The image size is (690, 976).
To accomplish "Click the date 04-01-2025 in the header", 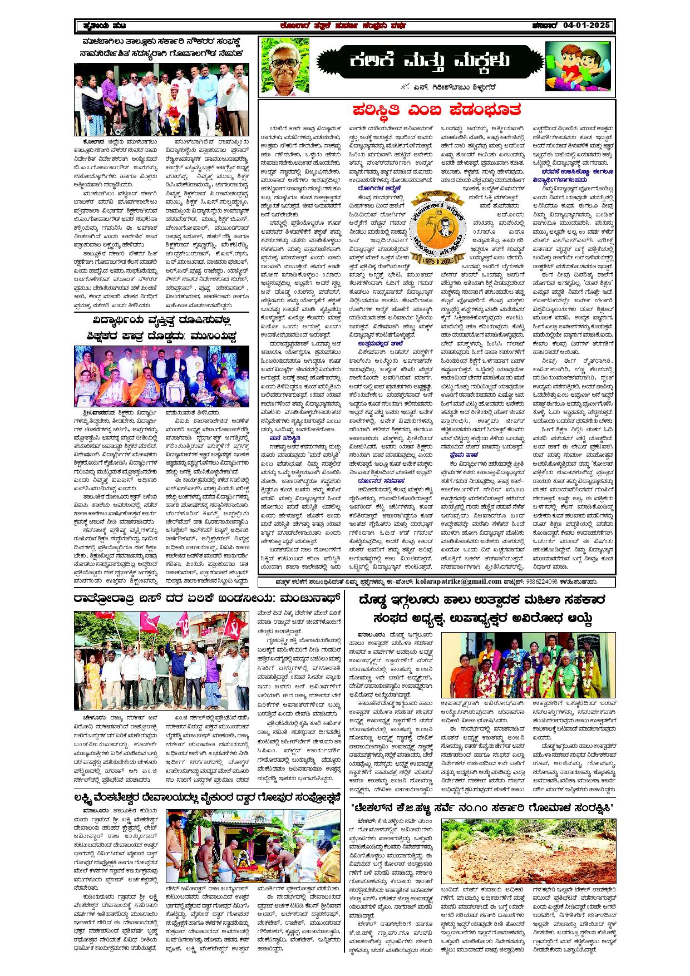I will click(586, 26).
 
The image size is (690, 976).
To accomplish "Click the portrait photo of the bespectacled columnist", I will click(285, 65).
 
